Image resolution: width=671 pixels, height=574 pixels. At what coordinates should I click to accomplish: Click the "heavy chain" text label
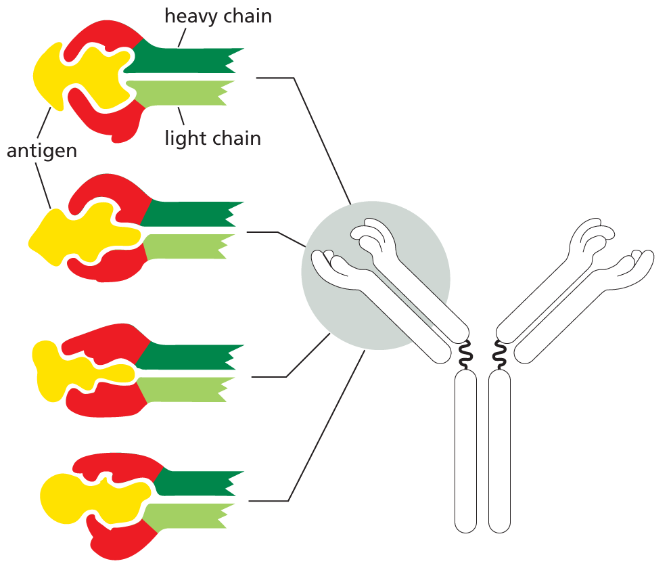(x=218, y=16)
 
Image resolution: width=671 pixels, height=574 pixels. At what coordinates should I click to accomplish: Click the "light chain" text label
(x=212, y=138)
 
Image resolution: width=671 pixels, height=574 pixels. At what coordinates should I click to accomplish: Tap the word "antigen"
(x=42, y=150)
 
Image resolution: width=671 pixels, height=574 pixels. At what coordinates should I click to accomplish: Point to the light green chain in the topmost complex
(x=183, y=93)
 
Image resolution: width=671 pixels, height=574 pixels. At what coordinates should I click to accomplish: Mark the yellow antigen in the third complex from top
(x=54, y=369)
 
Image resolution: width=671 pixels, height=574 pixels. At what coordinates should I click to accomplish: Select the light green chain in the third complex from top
(x=186, y=389)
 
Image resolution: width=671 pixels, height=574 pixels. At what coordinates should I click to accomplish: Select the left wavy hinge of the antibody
(x=465, y=355)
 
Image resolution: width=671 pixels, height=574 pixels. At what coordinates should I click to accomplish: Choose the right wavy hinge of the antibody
(x=501, y=355)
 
